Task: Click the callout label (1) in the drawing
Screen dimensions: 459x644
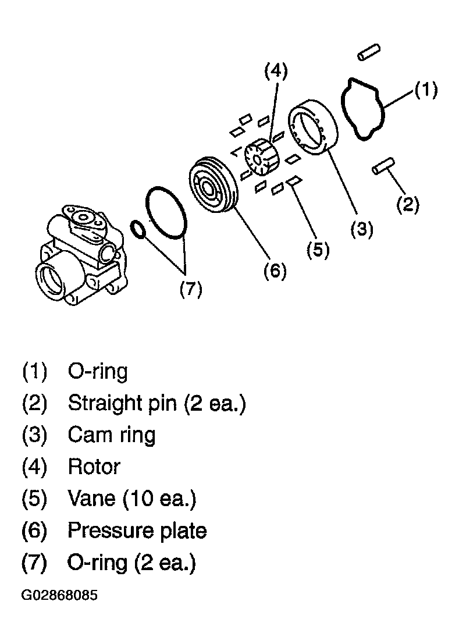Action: [x=426, y=90]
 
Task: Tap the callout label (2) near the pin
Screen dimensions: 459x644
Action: [x=408, y=204]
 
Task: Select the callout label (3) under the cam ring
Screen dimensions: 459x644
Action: [x=362, y=229]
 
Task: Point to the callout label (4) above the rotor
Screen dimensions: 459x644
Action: [x=276, y=71]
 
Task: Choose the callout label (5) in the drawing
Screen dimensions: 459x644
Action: [x=318, y=250]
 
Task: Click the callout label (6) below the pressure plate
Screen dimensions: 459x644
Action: [x=275, y=271]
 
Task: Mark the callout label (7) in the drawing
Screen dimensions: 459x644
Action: [x=191, y=290]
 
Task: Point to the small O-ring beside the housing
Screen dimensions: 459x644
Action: [x=137, y=230]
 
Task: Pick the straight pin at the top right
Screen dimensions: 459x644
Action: [x=369, y=52]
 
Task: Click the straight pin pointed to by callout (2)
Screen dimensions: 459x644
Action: [x=383, y=166]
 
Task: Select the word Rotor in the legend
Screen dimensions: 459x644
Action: [x=94, y=467]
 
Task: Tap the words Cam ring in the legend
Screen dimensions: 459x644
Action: [x=112, y=435]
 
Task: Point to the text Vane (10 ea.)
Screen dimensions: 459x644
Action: [x=132, y=498]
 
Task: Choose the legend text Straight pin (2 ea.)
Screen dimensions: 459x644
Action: [x=157, y=403]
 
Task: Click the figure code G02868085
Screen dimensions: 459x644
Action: [x=59, y=595]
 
